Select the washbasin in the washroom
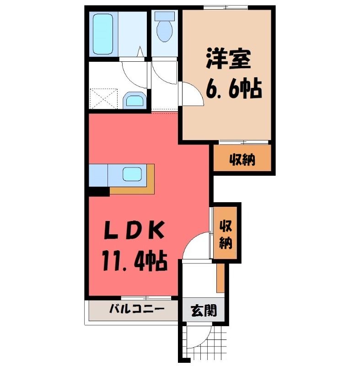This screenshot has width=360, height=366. click(134, 100)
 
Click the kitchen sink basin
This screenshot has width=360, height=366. click(132, 174)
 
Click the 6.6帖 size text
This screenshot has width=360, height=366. click(234, 89)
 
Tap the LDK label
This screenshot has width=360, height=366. click(134, 230)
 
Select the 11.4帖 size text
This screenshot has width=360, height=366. click(134, 260)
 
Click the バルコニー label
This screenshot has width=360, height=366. click(137, 309)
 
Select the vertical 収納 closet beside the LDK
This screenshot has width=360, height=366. click(226, 233)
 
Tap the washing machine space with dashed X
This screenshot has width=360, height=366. click(103, 98)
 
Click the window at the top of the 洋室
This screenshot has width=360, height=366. click(226, 7)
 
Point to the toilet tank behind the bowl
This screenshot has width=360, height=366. click(165, 16)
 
